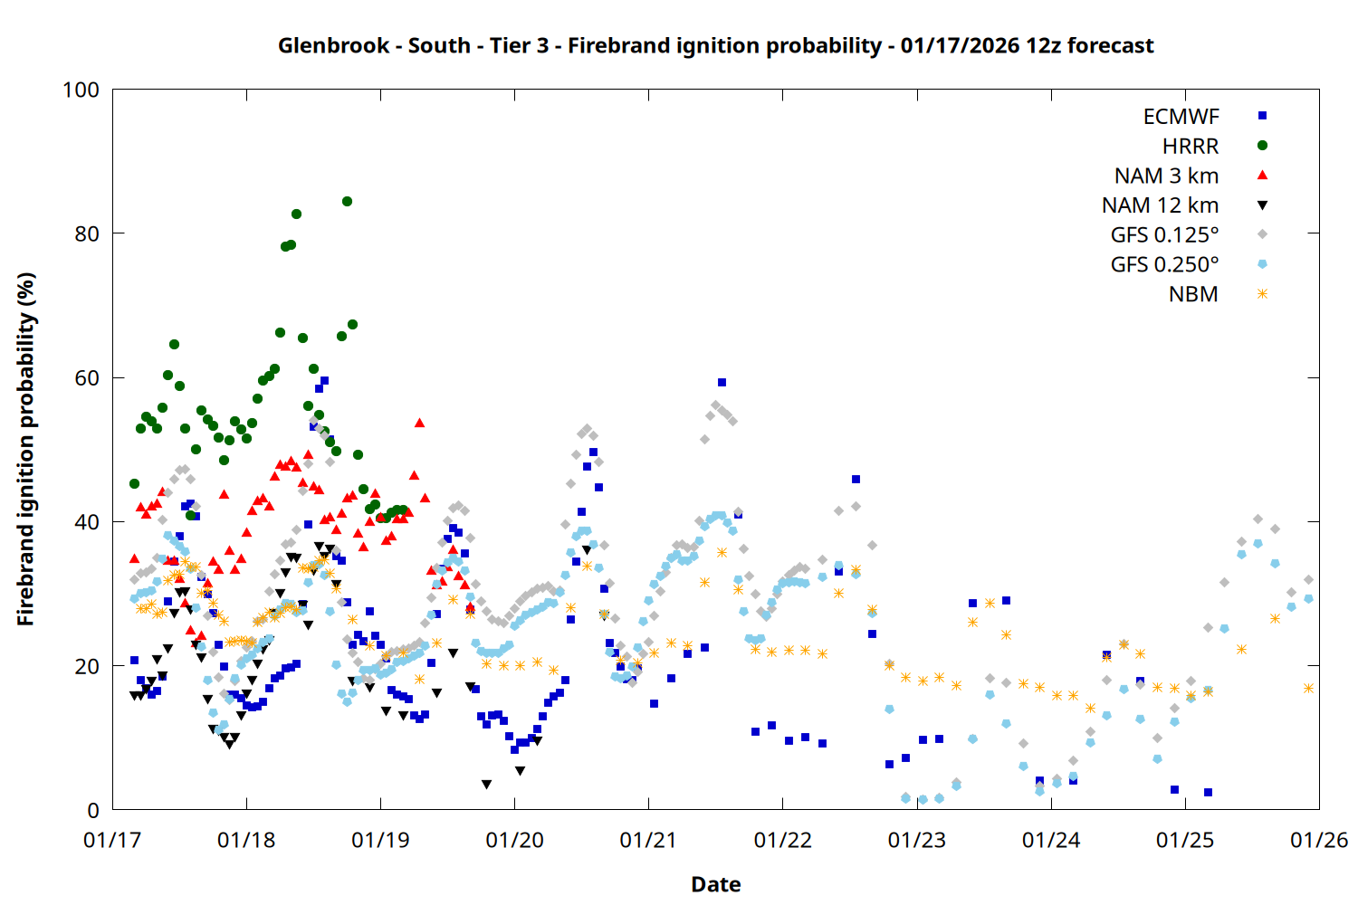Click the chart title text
715,45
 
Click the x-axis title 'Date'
715,884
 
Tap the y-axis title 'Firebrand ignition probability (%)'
25,450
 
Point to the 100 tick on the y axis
81,90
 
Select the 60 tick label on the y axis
87,378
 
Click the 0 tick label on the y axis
93,811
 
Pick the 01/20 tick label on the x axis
514,841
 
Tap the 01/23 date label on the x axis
916,841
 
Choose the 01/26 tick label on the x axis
1318,841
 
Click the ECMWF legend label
1181,117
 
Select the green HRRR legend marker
1262,146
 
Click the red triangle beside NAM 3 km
1262,175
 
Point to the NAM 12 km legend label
1160,205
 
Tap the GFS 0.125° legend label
1164,235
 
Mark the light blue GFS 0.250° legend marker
1262,264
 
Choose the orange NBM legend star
1262,294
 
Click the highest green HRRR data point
347,202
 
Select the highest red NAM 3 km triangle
419,423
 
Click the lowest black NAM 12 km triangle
486,785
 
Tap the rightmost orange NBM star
1308,689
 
